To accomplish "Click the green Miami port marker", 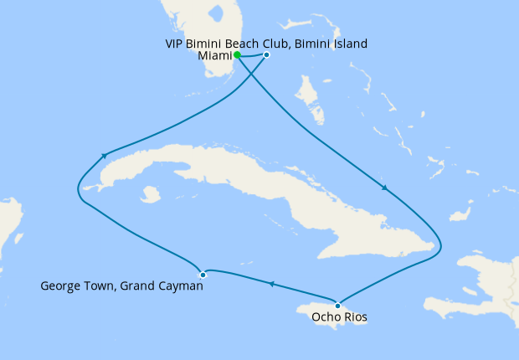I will [238, 55].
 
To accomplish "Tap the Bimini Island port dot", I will [266, 55].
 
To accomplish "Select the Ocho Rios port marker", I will [337, 305].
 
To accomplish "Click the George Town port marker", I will [203, 275].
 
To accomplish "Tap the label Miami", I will [214, 56].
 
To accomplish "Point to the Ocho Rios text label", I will [338, 317].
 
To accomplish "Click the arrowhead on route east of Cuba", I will [384, 188].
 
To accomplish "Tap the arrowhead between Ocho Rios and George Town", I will [271, 285].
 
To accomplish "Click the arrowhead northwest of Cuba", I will [104, 155].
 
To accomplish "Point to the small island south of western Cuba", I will [151, 194].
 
